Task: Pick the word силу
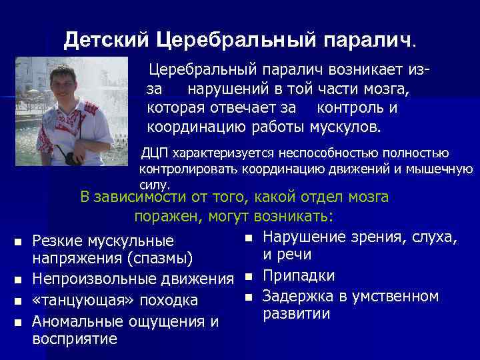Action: (x=154, y=184)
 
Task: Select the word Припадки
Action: (x=299, y=276)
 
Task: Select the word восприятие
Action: (x=75, y=339)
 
